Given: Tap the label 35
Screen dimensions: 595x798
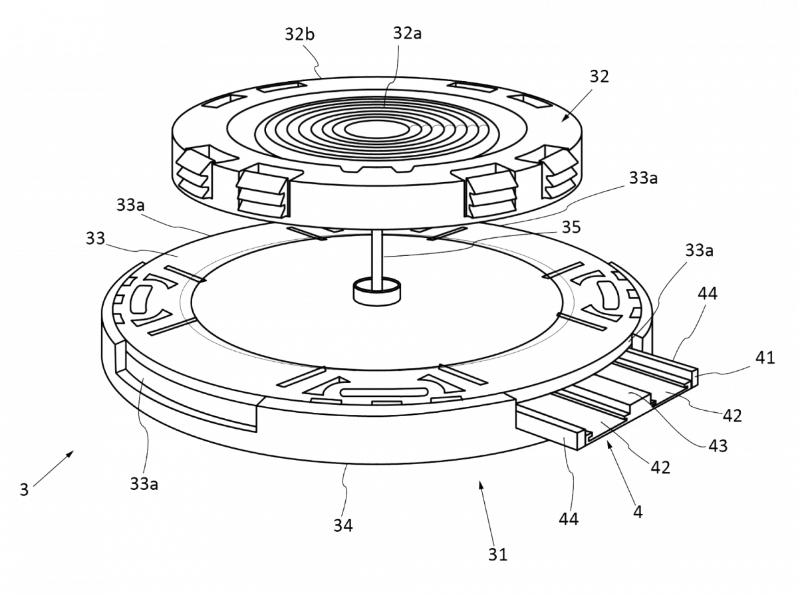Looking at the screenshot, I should pos(570,227).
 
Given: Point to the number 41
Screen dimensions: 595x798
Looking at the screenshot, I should pos(765,358).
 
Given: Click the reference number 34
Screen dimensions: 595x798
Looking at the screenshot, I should pos(344,525).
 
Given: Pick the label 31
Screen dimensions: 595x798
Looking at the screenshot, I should pos(498,552).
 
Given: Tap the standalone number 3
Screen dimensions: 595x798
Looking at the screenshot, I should pos(24,491).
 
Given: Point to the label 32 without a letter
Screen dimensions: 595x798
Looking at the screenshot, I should pos(598,77).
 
